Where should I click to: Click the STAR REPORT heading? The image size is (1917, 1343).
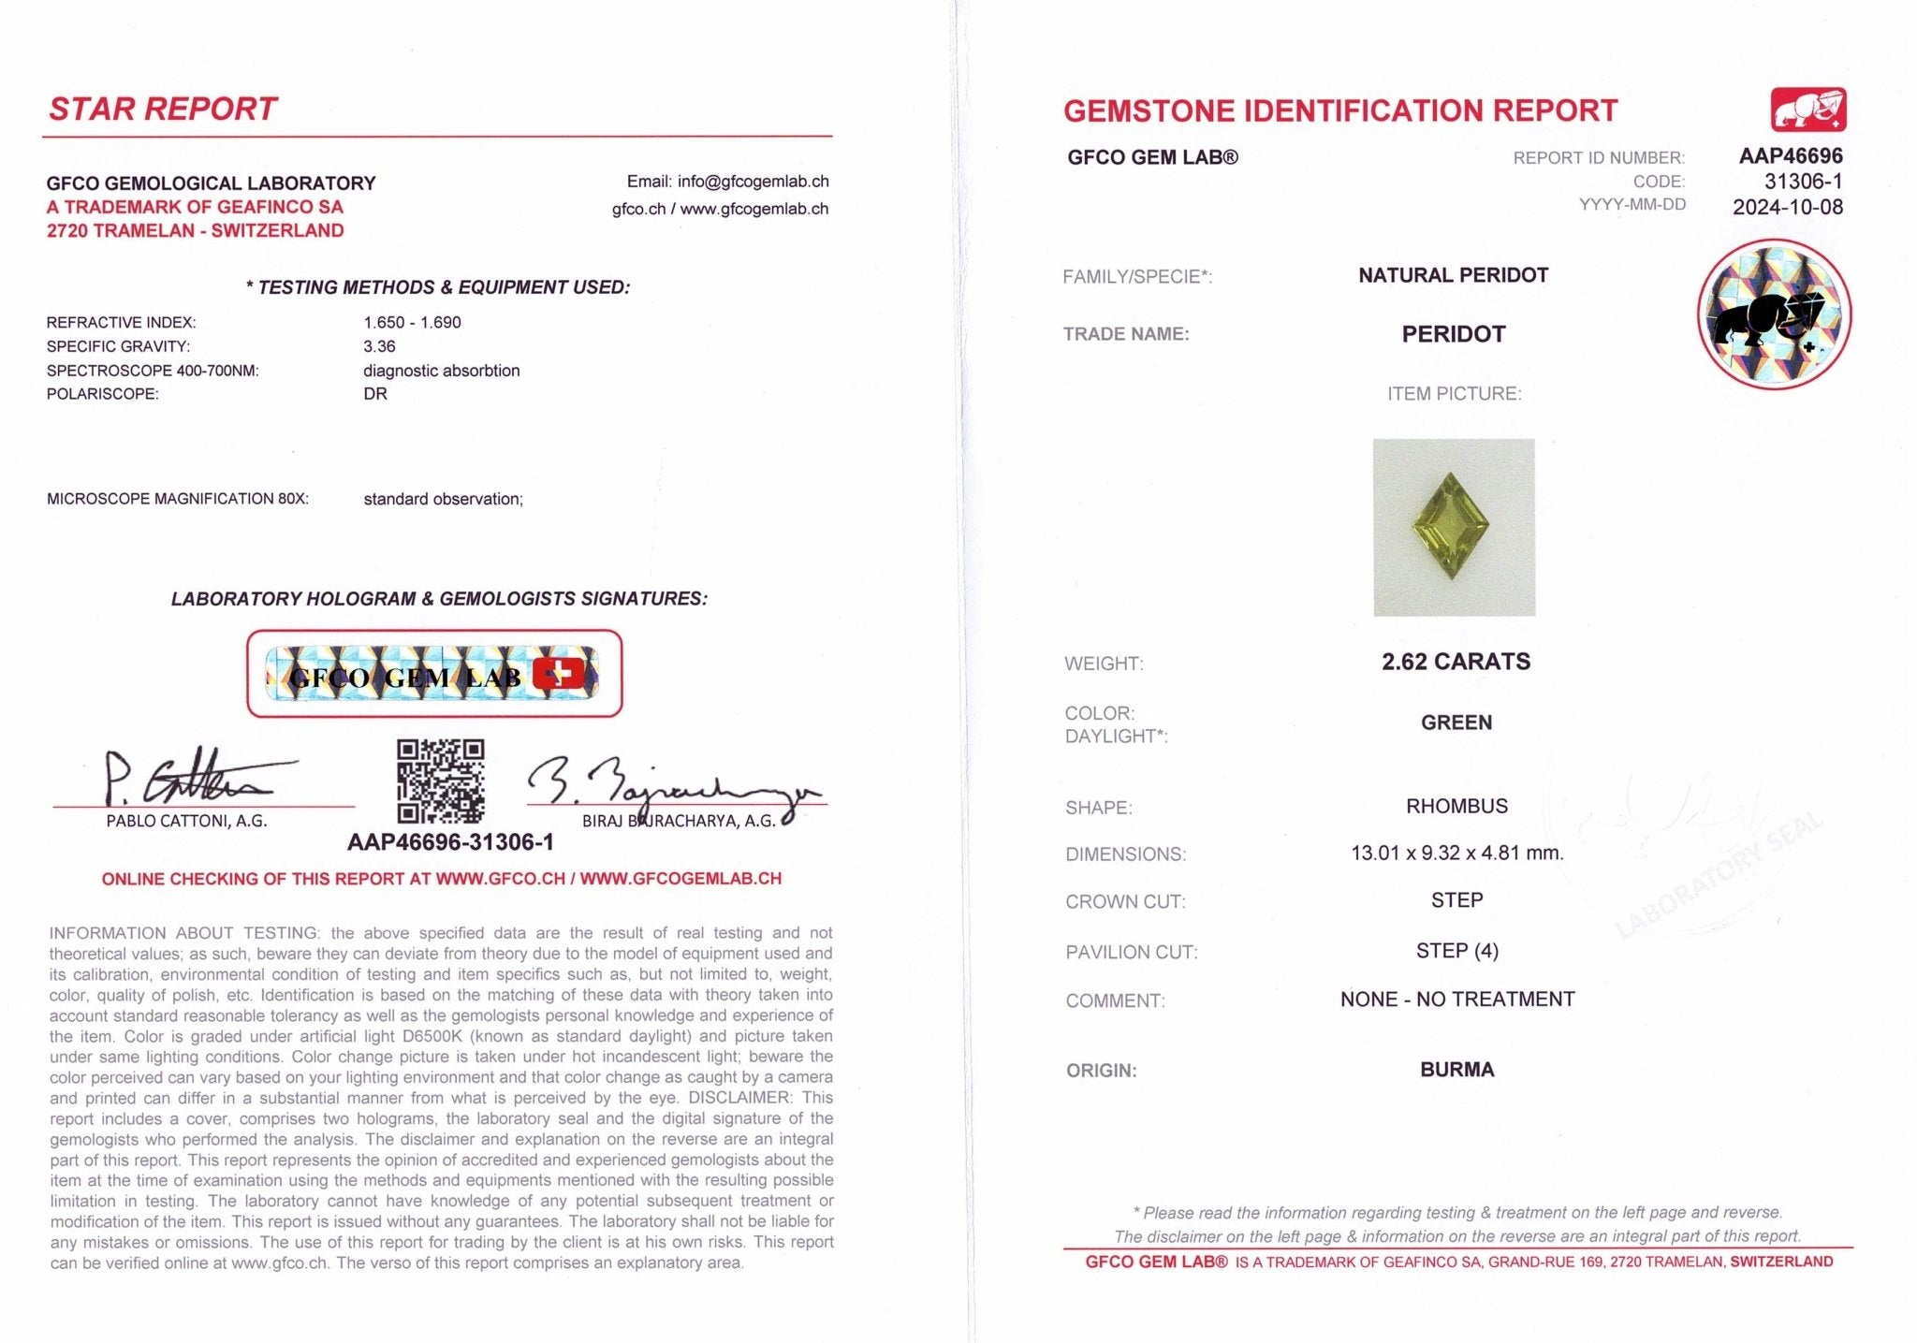click(x=163, y=109)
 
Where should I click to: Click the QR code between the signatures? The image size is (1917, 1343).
click(x=440, y=781)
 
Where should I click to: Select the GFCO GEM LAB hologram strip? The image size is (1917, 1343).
click(x=433, y=674)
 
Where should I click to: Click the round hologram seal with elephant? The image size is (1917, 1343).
click(x=1774, y=314)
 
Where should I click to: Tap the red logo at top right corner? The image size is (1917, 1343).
click(x=1807, y=110)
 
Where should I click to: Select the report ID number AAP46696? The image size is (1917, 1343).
click(x=1790, y=156)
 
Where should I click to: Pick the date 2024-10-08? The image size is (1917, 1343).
click(x=1787, y=207)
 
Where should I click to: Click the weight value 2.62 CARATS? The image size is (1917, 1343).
click(x=1456, y=662)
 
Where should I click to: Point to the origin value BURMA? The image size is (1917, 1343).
click(x=1456, y=1070)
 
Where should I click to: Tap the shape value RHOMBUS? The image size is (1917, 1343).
click(x=1456, y=806)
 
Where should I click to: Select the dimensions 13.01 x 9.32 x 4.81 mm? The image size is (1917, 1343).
click(x=1456, y=854)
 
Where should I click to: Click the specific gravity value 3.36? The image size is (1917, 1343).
click(x=379, y=346)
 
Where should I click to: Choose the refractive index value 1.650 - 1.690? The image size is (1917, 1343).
click(x=412, y=322)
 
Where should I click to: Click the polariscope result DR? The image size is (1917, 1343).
click(x=374, y=394)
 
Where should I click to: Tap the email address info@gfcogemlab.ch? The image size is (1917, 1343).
click(x=753, y=182)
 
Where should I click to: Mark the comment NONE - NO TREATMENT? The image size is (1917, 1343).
click(x=1456, y=1000)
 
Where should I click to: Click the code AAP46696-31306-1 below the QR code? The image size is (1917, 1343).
click(x=450, y=842)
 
